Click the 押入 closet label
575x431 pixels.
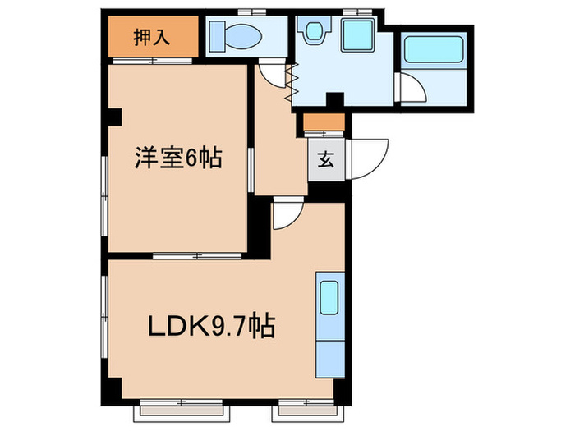tap(152, 38)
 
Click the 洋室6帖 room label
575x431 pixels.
tap(178, 158)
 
